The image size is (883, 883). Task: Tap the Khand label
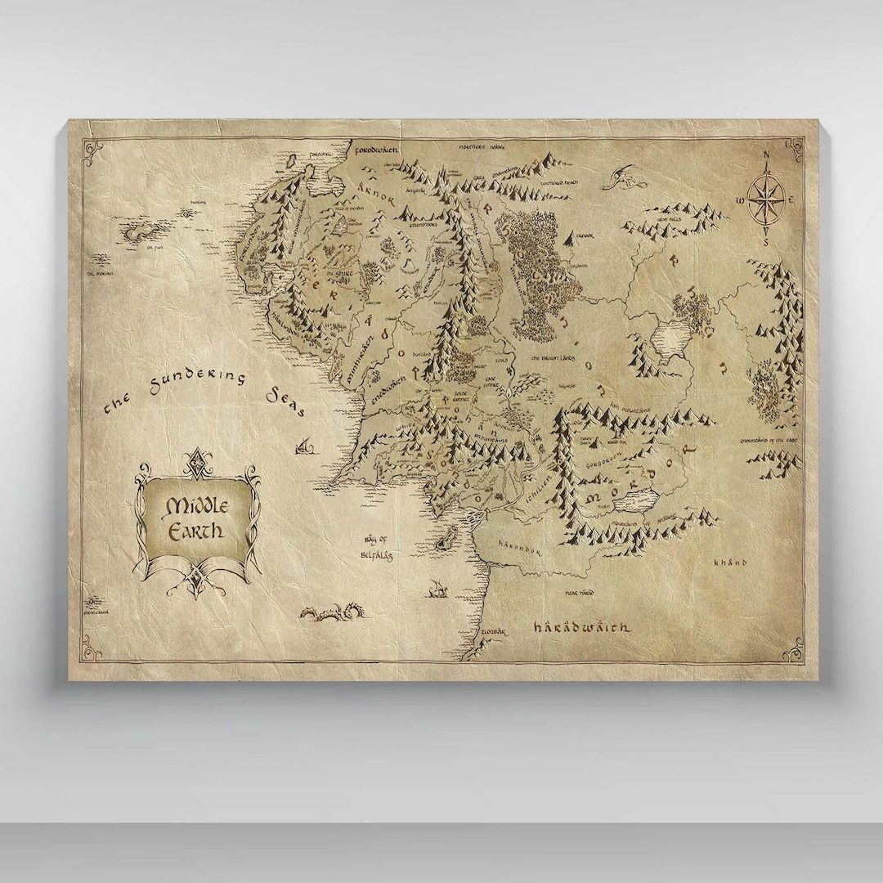coord(730,563)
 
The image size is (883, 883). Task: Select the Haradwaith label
coord(581,628)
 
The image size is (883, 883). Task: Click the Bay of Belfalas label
coord(376,549)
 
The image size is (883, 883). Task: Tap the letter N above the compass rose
coord(766,157)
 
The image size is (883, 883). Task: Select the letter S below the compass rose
coord(766,242)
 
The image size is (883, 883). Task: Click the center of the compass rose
coord(766,199)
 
